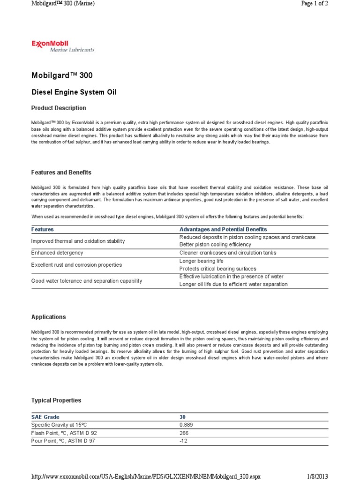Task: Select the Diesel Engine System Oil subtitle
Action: coord(74,92)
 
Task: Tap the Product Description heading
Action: coord(59,108)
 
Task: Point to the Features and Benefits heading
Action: coord(61,172)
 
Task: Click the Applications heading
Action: coord(48,317)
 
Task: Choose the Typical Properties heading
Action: coord(56,400)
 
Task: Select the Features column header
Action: coord(42,229)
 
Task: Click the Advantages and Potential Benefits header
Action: coord(223,229)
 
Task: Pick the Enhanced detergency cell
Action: coord(57,253)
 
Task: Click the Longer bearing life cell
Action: coord(202,261)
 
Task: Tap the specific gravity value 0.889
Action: coord(187,425)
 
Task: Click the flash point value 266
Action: coord(184,433)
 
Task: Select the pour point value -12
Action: coord(183,441)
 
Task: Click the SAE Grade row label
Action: coord(45,417)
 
